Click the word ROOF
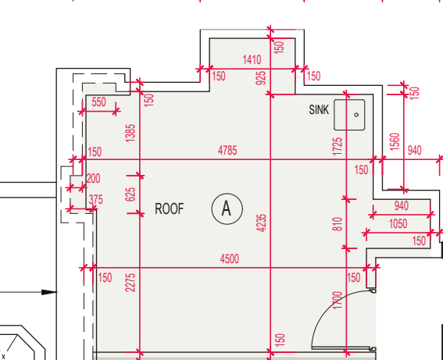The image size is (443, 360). click(x=170, y=209)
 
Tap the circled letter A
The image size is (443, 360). click(x=227, y=209)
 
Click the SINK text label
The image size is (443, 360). click(x=319, y=110)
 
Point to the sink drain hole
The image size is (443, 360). click(x=356, y=115)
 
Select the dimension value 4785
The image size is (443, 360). click(x=227, y=151)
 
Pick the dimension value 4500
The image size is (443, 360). click(x=230, y=259)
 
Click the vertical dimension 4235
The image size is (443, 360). click(x=262, y=223)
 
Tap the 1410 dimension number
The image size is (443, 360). click(x=252, y=60)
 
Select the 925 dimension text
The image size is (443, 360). click(x=261, y=78)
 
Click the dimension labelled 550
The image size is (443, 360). click(x=99, y=102)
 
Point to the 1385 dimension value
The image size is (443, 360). click(x=130, y=133)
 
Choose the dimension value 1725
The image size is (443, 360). click(x=338, y=146)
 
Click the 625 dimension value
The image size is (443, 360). click(x=130, y=194)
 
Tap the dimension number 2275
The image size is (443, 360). click(x=130, y=283)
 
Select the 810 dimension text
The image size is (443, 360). click(x=338, y=224)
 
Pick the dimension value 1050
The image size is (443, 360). click(x=398, y=224)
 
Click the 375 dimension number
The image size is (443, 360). click(x=96, y=200)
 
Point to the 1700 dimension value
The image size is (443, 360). click(x=338, y=300)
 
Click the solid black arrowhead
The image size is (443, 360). click(x=49, y=292)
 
